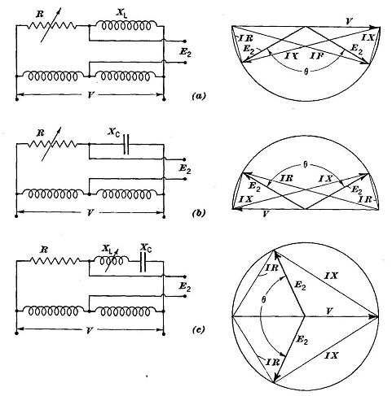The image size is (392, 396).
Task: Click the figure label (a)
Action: (x=199, y=96)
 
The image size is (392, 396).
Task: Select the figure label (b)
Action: (x=199, y=213)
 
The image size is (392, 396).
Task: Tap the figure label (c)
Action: (x=198, y=329)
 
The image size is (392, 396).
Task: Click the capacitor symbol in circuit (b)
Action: (x=126, y=145)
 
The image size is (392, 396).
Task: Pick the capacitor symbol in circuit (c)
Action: (x=143, y=262)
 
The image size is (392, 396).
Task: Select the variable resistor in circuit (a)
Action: (x=51, y=26)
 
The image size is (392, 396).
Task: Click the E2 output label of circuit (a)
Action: (x=185, y=52)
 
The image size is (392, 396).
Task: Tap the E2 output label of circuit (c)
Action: (x=185, y=287)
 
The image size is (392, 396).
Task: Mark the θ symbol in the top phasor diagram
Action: (x=306, y=72)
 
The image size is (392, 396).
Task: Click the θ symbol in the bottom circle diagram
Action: (x=263, y=299)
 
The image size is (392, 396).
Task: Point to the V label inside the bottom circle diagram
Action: (x=329, y=311)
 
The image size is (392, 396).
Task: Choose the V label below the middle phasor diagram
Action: (x=266, y=215)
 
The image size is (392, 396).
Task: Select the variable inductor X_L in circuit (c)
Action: (x=111, y=259)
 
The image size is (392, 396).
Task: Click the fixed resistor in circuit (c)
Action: (x=55, y=261)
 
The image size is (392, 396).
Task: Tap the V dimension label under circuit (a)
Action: (x=90, y=95)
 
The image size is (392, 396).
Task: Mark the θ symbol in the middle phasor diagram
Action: (x=306, y=165)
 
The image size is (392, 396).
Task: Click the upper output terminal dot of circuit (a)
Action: (x=185, y=41)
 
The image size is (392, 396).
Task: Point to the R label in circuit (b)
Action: (x=41, y=133)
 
